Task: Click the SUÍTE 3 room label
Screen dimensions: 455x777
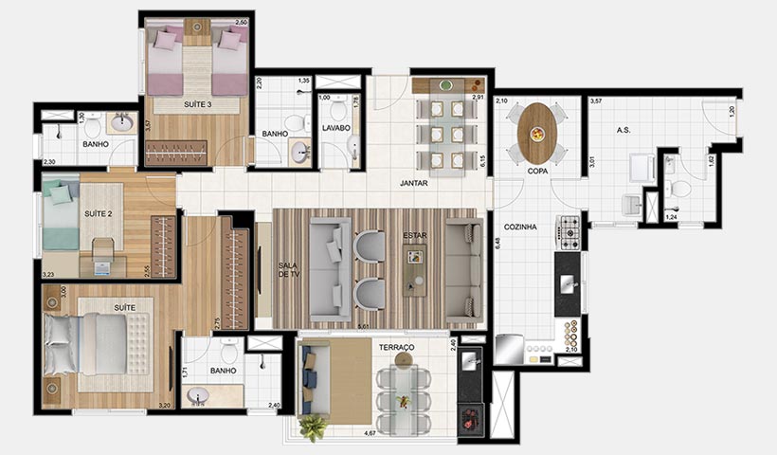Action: (x=196, y=105)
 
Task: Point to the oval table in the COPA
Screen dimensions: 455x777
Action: (x=537, y=133)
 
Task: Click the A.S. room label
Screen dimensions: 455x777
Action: (x=623, y=130)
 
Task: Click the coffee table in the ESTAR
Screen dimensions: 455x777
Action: (x=414, y=269)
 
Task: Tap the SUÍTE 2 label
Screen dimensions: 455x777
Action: (x=98, y=214)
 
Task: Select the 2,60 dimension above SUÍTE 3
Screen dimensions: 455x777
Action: (x=242, y=21)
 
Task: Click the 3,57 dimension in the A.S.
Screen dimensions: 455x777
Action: (x=596, y=100)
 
